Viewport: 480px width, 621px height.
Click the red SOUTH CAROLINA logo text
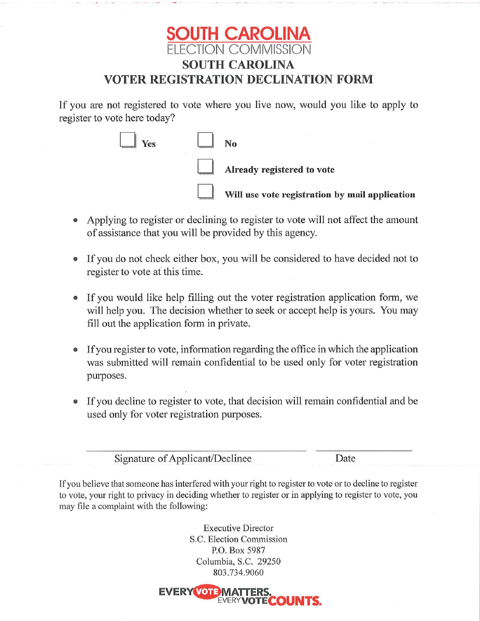tap(239, 34)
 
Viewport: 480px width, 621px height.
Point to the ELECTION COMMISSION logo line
tap(239, 49)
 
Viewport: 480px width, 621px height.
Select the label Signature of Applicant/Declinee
tap(183, 458)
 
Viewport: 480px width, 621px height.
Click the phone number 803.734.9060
tap(238, 573)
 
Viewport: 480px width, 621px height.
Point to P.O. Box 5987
tap(238, 550)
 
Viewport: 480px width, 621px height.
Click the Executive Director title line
tap(238, 528)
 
